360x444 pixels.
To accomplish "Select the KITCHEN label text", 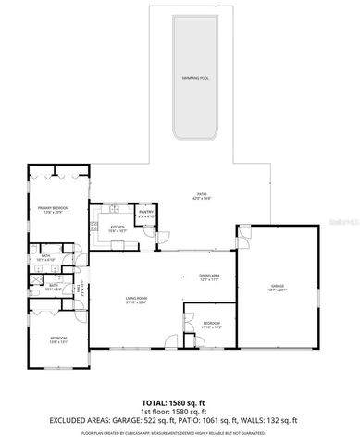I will click(118, 227).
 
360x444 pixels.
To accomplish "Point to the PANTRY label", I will click(146, 212).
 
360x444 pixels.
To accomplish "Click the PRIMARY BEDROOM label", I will click(50, 208).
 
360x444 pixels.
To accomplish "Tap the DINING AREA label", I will click(209, 276).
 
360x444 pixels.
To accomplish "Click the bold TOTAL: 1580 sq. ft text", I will click(180, 403).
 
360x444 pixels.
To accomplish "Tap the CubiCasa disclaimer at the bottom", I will click(180, 432).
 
